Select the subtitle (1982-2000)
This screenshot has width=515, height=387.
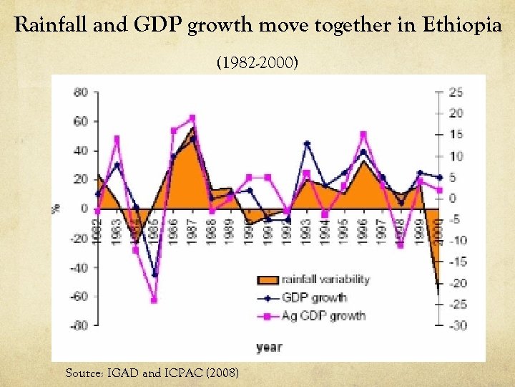(257, 64)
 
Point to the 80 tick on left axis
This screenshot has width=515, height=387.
(80, 92)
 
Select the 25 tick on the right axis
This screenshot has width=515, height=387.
(455, 92)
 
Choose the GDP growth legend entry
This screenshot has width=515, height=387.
(313, 297)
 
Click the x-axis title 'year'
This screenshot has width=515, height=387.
(269, 348)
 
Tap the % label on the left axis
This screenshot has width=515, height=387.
(55, 209)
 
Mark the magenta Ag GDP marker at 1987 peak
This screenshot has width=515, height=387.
(192, 118)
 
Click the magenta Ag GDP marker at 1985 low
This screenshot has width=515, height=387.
(154, 300)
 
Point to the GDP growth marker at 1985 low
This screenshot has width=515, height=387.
(154, 275)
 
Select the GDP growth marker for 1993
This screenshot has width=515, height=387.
(307, 143)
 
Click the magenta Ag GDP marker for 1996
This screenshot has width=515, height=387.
(363, 134)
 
